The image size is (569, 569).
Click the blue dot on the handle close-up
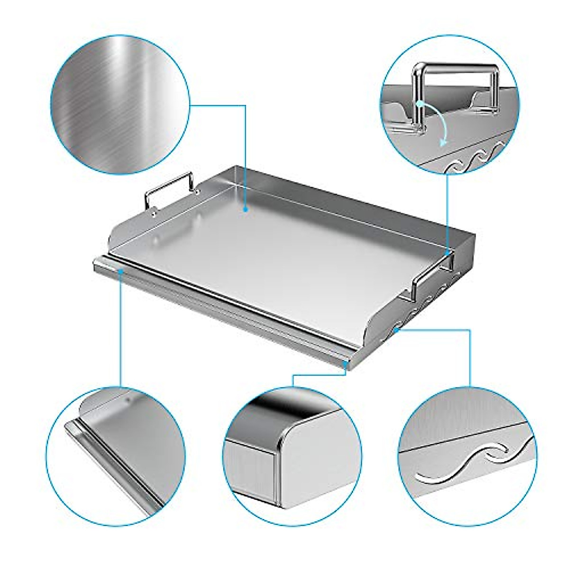(x=420, y=103)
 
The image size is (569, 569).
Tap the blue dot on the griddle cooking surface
(x=246, y=209)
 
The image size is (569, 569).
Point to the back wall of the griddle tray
(x=332, y=190)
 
